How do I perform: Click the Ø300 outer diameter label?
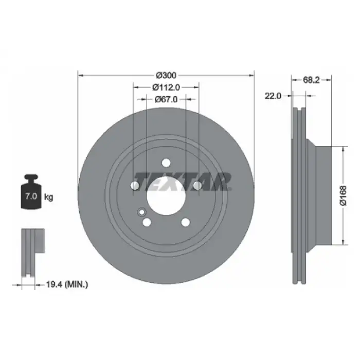(x=166, y=75)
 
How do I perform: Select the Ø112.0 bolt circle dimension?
(x=166, y=87)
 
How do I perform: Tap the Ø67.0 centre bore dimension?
(x=166, y=99)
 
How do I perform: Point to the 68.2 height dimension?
(x=311, y=80)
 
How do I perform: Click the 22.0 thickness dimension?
(x=273, y=96)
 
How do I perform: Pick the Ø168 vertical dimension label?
(x=343, y=195)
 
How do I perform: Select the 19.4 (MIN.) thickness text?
(x=67, y=285)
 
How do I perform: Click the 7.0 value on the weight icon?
(x=31, y=196)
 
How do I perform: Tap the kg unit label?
(x=48, y=197)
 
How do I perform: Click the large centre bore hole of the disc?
(x=166, y=196)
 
